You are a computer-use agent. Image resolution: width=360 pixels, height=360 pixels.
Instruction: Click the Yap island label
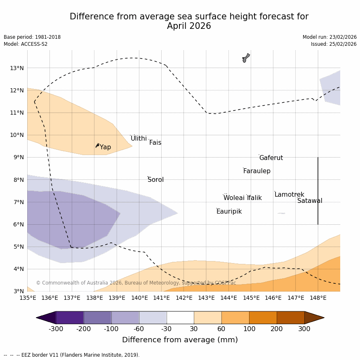[105, 147]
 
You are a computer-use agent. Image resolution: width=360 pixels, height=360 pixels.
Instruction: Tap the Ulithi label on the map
[139, 139]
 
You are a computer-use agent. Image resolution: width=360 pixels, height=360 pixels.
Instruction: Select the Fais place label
[155, 143]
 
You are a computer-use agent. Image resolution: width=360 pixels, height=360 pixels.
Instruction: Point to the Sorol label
[155, 180]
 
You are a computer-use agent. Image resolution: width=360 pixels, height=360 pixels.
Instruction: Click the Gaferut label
[271, 158]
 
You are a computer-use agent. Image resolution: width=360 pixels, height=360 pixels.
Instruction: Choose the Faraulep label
[256, 171]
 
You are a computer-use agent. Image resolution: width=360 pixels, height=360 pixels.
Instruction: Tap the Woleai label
[234, 198]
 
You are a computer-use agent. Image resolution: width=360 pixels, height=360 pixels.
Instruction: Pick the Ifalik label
[254, 198]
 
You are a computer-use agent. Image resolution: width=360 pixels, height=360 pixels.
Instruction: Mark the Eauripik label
[229, 212]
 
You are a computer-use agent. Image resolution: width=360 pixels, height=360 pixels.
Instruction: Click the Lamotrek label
[289, 195]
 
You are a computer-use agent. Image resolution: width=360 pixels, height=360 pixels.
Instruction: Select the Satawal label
[310, 201]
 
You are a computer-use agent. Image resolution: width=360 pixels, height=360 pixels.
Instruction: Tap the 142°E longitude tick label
[184, 298]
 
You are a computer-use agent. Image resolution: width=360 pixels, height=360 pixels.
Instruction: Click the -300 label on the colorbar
[56, 329]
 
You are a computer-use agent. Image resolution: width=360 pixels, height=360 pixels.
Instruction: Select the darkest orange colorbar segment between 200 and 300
[290, 318]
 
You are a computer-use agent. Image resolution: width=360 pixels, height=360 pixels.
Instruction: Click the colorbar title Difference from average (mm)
[180, 340]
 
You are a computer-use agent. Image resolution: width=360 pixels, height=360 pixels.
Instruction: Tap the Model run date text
[329, 37]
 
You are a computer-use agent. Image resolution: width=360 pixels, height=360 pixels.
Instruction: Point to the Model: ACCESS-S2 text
[26, 44]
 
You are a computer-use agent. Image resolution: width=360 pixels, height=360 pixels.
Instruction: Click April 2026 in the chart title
[189, 26]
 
